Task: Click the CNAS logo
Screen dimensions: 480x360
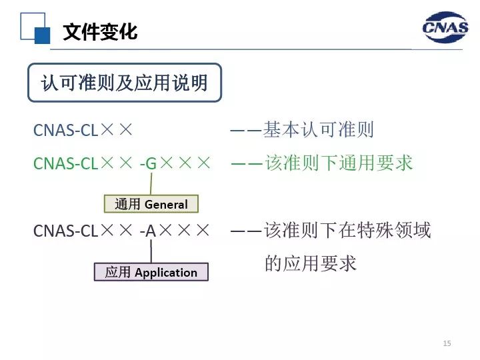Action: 445,27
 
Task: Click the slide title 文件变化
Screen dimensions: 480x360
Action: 100,31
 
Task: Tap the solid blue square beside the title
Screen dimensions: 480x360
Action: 42,35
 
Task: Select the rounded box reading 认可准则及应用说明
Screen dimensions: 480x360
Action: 125,83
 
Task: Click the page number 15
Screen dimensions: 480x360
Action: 447,343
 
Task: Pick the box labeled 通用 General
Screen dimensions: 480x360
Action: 151,204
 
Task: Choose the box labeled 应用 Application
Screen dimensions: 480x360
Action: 151,272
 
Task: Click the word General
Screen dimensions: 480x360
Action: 166,205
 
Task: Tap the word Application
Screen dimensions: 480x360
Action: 166,273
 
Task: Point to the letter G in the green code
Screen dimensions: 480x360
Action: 151,163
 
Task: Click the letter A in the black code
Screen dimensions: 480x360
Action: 151,231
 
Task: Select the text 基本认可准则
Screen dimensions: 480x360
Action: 319,130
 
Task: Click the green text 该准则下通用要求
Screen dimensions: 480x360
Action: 339,163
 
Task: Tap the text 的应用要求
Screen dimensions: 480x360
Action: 311,263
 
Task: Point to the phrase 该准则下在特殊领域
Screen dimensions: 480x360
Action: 347,230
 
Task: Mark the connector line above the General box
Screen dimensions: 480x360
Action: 151,184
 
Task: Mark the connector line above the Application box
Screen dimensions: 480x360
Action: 151,251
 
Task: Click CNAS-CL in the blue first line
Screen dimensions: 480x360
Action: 65,130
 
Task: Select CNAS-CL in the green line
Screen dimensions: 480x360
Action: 65,163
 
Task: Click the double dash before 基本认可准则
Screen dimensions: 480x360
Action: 246,131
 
